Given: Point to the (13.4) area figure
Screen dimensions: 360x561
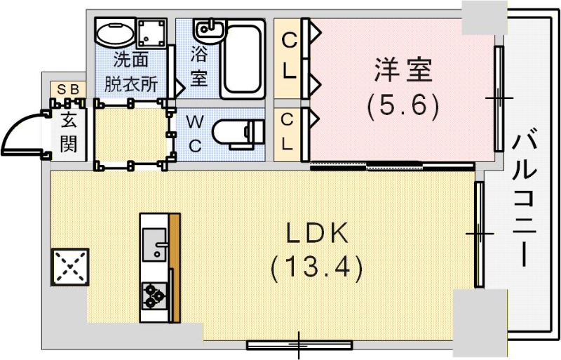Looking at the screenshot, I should pos(317,267).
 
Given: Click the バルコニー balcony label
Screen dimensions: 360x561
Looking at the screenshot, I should pos(525,199).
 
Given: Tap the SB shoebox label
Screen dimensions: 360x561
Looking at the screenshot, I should pos(69,89).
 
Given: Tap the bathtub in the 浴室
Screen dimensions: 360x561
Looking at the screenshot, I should pos(243,60).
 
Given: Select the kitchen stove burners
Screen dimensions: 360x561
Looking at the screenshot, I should pos(154,295).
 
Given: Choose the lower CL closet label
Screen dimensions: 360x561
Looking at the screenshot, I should pos(288,131).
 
